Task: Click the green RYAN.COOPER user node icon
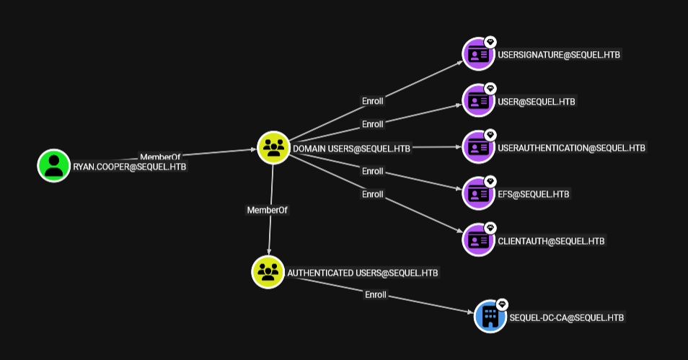(54, 165)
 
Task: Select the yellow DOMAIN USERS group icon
(273, 147)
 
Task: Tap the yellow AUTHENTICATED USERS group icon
(268, 272)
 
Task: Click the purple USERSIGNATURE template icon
(478, 54)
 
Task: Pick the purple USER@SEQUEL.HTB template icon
(478, 101)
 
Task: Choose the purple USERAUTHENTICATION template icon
(478, 147)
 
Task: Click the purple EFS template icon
(478, 193)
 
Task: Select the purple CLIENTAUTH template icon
(478, 240)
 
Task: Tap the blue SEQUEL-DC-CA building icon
(490, 317)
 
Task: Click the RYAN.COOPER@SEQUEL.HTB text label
(129, 167)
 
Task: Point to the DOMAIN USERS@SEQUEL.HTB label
(351, 149)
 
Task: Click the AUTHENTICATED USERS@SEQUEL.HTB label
(363, 273)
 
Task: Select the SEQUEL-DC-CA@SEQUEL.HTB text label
(566, 317)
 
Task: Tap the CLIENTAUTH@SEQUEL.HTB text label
(551, 241)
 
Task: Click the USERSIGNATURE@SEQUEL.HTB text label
(559, 55)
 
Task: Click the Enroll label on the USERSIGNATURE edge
(373, 101)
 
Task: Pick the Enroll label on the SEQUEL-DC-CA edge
(376, 294)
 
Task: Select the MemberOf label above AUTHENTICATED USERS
(268, 210)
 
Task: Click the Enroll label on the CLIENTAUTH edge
(373, 194)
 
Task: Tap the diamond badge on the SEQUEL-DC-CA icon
(502, 304)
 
